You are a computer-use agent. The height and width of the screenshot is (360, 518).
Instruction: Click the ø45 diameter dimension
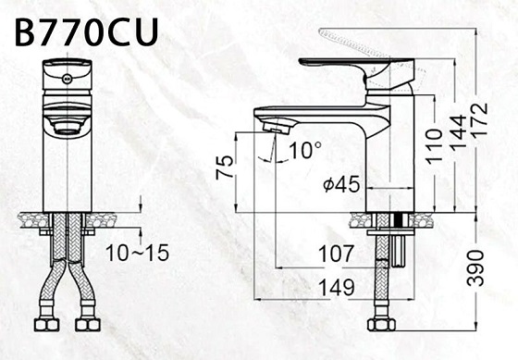tap(341, 185)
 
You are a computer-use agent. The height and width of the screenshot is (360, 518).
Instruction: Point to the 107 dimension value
tap(336, 253)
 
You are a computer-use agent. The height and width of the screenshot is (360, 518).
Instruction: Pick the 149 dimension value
tap(336, 288)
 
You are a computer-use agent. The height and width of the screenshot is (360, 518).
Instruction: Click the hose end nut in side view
tap(380, 325)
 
